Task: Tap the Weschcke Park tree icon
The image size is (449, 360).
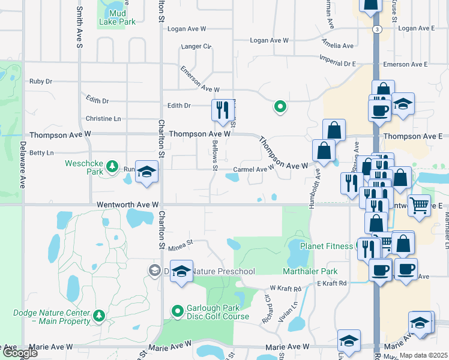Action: click(x=111, y=166)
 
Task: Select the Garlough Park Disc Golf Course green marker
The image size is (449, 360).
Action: click(x=177, y=311)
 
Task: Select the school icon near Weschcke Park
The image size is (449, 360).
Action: click(x=146, y=172)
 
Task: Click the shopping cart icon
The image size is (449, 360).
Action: click(x=419, y=206)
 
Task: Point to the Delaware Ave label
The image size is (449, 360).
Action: click(x=23, y=165)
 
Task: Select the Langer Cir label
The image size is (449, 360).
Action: click(x=196, y=46)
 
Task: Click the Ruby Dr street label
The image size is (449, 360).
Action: click(x=41, y=82)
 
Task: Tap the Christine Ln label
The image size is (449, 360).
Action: click(x=103, y=119)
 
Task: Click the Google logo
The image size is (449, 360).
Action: click(x=19, y=353)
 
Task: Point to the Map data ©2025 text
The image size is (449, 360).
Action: click(x=423, y=355)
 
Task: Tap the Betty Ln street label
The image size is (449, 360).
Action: click(x=41, y=153)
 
